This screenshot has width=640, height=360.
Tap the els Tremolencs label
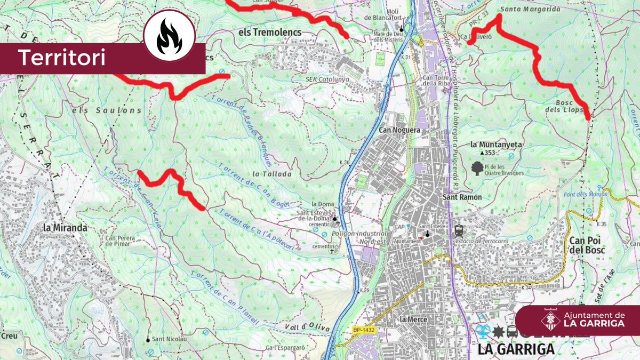[x=270, y=32]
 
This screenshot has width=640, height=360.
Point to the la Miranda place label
[x=65, y=228]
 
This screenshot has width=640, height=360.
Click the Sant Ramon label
[x=462, y=197]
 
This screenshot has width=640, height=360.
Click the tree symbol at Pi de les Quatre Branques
[x=477, y=168]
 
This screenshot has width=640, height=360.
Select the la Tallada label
[x=272, y=174]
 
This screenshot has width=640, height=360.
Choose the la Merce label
[x=411, y=319]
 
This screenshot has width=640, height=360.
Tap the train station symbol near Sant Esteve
[x=458, y=231]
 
